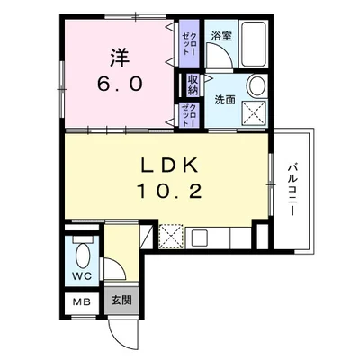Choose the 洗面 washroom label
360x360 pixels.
225,100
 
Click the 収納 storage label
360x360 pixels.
193,85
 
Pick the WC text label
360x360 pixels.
82,275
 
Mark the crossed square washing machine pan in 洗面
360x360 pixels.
256,112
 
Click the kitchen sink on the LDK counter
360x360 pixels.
200,240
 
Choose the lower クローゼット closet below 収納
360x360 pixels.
189,115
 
